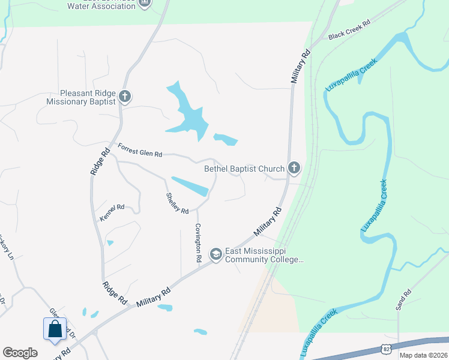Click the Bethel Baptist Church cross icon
pos(294,169)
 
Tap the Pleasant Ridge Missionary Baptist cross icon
pos(125,97)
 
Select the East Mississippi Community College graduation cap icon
pos(215,255)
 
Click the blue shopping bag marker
pos(55,329)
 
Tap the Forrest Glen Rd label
pos(140,150)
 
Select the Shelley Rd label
pos(178,203)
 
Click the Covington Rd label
pos(197,243)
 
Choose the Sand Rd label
pos(402,299)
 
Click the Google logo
pos(20,353)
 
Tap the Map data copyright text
pos(423,355)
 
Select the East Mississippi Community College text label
pos(264,256)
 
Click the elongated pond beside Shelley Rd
pos(190,186)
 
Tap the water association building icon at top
pos(144,4)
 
